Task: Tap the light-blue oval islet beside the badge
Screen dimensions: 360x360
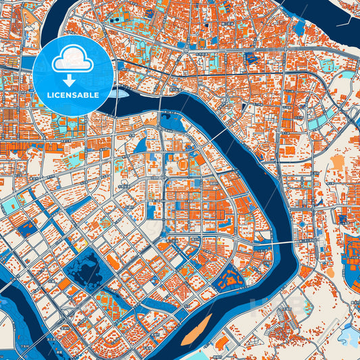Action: [x=120, y=94]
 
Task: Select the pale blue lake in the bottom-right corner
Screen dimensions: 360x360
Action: [x=348, y=334]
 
